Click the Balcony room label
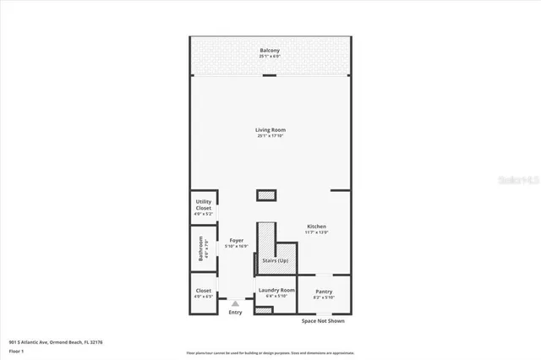[270, 51]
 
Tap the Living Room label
[270, 129]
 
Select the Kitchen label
[316, 226]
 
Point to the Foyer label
[236, 241]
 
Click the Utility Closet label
[203, 205]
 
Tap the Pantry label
[324, 292]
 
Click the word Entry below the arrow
[235, 313]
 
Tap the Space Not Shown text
[323, 321]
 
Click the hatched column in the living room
[267, 195]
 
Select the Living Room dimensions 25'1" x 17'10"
[270, 135]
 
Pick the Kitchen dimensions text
[316, 232]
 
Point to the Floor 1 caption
[17, 350]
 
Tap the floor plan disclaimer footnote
[270, 352]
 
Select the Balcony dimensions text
[270, 56]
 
